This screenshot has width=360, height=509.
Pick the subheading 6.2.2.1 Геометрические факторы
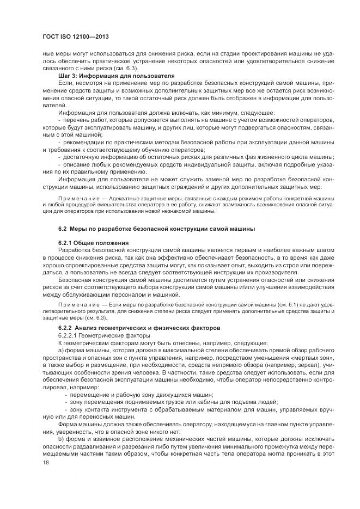click(98, 335)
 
